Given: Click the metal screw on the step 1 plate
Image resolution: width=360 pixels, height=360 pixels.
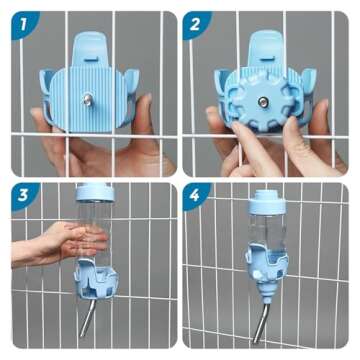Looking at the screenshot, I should pos(88,100).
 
